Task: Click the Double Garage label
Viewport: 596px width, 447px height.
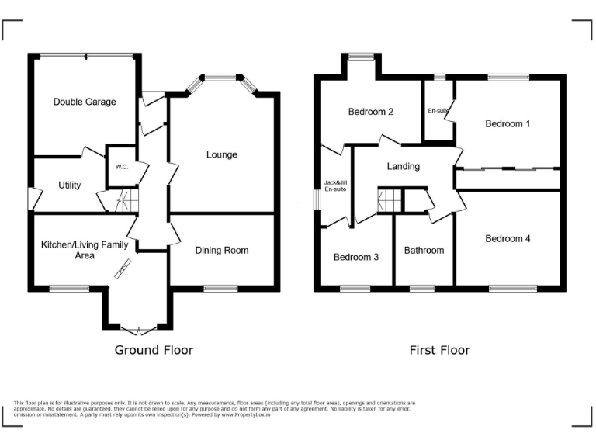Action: pyautogui.click(x=85, y=102)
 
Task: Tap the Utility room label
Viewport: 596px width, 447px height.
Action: pyautogui.click(x=70, y=185)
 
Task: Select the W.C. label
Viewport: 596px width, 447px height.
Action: pyautogui.click(x=121, y=167)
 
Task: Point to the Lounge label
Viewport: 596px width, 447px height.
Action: pyautogui.click(x=222, y=154)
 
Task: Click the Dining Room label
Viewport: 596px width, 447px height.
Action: pyautogui.click(x=222, y=250)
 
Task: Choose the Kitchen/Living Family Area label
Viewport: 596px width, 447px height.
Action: pyautogui.click(x=85, y=250)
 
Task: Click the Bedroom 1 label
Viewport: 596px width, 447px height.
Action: pyautogui.click(x=508, y=123)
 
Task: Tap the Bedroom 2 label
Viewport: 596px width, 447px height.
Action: pyautogui.click(x=370, y=112)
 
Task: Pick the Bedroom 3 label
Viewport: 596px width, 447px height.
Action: pyautogui.click(x=355, y=257)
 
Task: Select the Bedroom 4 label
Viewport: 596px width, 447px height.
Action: pyautogui.click(x=508, y=238)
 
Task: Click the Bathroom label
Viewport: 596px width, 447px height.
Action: pyautogui.click(x=424, y=250)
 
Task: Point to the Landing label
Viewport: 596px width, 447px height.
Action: pyautogui.click(x=403, y=166)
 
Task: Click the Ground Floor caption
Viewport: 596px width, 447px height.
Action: pyautogui.click(x=154, y=350)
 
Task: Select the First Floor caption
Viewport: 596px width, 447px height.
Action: pyautogui.click(x=439, y=350)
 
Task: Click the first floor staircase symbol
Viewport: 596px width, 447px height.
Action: pyautogui.click(x=390, y=200)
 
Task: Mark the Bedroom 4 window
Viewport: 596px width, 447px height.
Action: pyautogui.click(x=512, y=289)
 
